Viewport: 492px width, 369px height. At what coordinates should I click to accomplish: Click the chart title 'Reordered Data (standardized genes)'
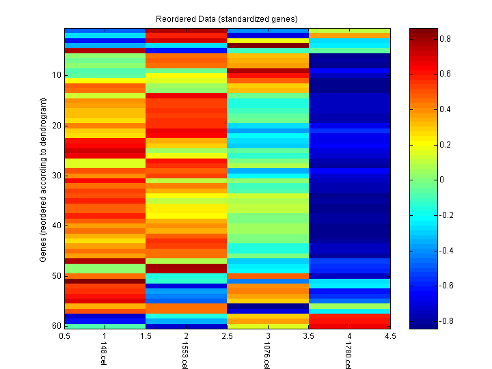(227, 18)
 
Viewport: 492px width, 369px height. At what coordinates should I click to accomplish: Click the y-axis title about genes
(43, 180)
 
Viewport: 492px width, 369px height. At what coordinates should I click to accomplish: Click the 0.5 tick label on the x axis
(65, 336)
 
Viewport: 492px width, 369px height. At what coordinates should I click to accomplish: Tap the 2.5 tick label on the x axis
(227, 336)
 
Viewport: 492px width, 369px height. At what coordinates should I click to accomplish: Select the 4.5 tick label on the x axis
(389, 336)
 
